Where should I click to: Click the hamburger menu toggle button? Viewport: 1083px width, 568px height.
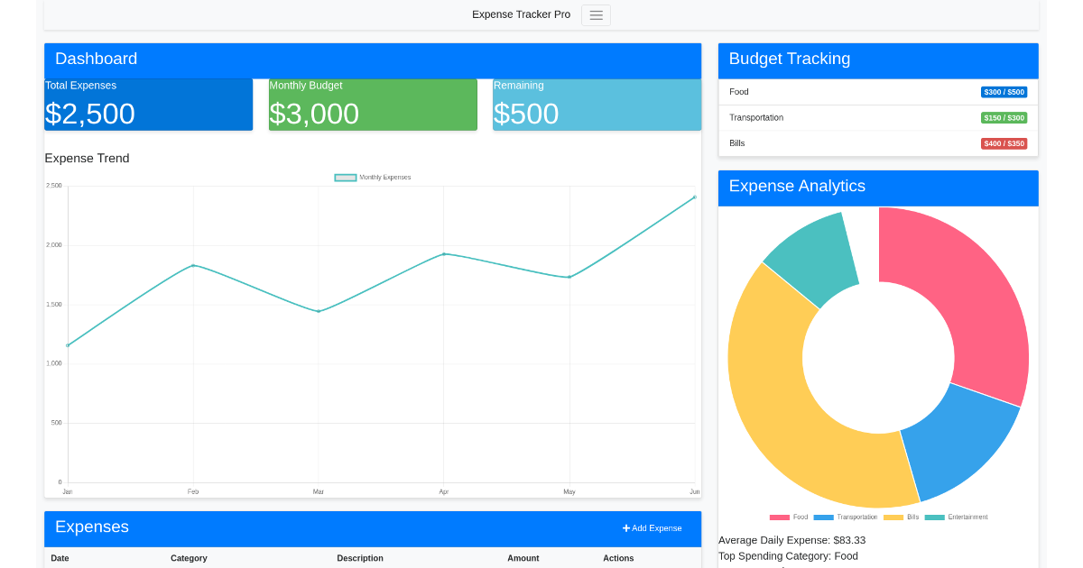coord(596,15)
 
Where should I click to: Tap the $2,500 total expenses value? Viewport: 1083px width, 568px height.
coord(90,114)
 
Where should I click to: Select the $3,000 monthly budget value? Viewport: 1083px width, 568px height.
coord(314,114)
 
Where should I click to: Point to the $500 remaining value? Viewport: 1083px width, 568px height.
coord(526,114)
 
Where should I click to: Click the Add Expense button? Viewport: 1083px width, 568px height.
coord(652,528)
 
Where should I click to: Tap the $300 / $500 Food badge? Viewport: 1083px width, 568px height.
coord(1004,92)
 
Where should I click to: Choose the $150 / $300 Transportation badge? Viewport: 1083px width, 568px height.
coord(1004,118)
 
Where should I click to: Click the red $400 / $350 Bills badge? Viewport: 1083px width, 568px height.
coord(1004,143)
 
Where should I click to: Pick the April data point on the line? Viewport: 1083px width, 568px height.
coord(444,254)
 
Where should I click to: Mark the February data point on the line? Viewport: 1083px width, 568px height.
coord(193,266)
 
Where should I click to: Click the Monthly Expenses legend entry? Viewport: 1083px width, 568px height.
coord(373,178)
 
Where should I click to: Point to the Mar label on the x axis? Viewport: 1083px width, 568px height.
coord(319,491)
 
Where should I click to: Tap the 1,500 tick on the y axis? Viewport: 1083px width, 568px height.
coord(54,305)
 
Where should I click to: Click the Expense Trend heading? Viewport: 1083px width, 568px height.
coord(87,159)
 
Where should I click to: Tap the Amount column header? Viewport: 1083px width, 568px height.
coord(523,558)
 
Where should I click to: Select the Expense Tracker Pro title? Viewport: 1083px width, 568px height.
coord(521,14)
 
